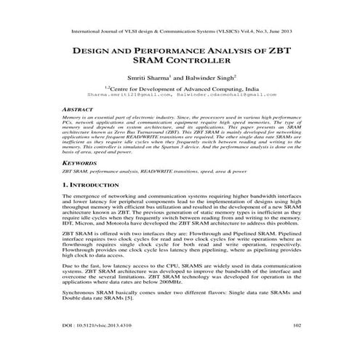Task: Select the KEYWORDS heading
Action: [x=78, y=164]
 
